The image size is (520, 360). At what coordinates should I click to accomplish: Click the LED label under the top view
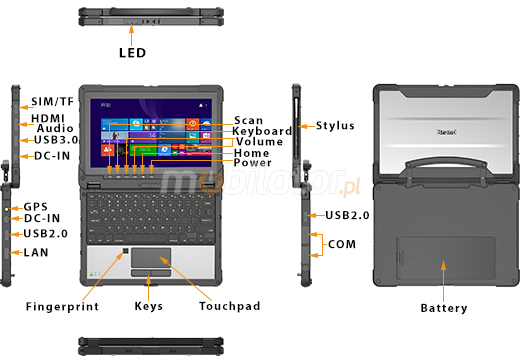tap(132, 53)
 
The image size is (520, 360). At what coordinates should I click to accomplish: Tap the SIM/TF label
tap(52, 101)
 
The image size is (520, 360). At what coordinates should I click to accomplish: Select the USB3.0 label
tap(56, 140)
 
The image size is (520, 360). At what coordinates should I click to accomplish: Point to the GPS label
tap(35, 207)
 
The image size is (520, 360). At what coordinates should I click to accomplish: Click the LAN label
tap(36, 252)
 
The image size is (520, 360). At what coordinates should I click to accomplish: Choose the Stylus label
tap(335, 126)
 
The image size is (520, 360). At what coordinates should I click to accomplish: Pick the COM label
tap(342, 244)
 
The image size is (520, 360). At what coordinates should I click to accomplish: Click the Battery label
tap(444, 308)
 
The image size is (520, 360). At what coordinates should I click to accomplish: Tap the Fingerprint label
tap(62, 306)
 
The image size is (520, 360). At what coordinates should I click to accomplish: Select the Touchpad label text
tap(230, 306)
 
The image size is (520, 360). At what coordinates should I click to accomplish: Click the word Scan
tap(248, 120)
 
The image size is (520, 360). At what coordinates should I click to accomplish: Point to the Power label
tap(252, 163)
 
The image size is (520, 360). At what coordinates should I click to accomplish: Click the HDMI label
tap(48, 118)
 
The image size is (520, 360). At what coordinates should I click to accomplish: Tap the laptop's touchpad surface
tap(151, 257)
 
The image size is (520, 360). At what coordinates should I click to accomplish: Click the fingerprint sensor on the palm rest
tap(126, 251)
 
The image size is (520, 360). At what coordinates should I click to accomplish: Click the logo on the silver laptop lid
tap(447, 132)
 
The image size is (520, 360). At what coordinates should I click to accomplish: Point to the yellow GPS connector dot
tap(7, 209)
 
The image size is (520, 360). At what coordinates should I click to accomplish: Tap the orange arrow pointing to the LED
tap(132, 35)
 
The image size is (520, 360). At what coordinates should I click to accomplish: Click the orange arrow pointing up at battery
tap(443, 281)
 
